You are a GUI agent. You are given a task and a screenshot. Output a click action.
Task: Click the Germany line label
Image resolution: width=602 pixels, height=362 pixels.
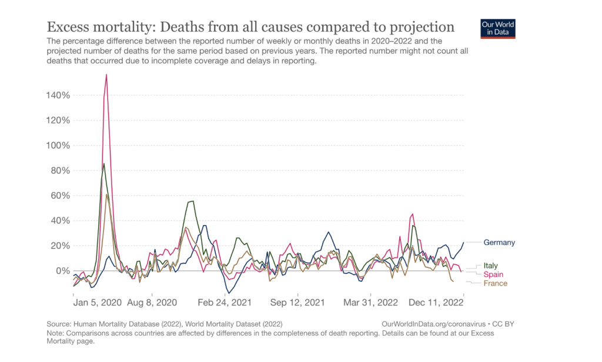pyautogui.click(x=499, y=243)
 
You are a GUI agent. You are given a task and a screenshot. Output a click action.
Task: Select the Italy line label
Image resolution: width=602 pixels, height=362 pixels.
pyautogui.click(x=490, y=266)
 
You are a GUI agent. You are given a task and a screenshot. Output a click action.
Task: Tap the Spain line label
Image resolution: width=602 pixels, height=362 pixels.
pyautogui.click(x=493, y=274)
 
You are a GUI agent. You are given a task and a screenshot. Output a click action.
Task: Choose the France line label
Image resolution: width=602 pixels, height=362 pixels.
pyautogui.click(x=495, y=283)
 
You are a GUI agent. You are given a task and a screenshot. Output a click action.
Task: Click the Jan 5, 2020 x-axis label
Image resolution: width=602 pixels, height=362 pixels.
pyautogui.click(x=98, y=303)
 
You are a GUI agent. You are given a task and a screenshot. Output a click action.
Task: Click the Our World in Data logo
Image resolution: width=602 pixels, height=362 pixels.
pyautogui.click(x=498, y=29)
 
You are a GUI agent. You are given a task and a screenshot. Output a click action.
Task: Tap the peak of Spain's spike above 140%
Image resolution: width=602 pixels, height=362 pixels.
pyautogui.click(x=106, y=75)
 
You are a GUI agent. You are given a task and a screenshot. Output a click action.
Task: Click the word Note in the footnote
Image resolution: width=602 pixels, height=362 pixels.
pyautogui.click(x=56, y=333)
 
